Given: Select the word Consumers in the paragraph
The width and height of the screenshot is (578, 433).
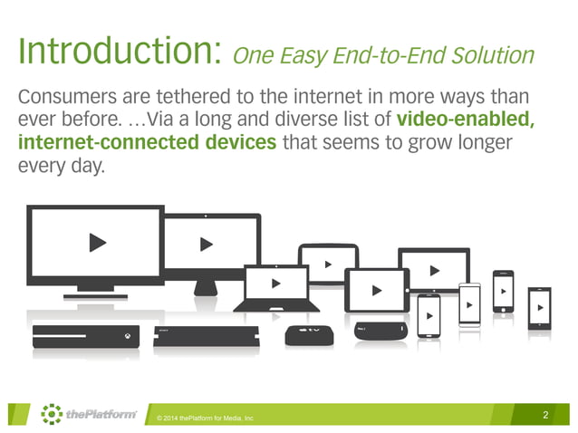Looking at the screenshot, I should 68,97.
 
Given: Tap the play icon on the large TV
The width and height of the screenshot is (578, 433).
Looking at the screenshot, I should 96,243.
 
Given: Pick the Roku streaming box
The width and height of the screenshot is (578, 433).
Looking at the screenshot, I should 378,332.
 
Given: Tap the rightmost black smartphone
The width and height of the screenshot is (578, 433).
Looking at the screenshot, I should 539,309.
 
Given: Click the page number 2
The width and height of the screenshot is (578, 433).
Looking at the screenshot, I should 545,415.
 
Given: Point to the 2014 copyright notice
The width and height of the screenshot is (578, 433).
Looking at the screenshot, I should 205,418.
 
